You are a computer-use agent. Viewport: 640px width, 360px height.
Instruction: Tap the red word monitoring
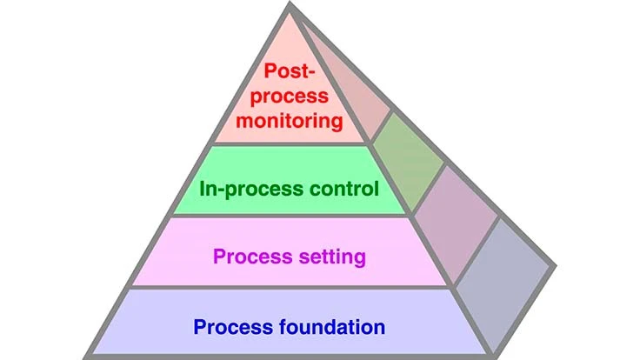[289, 120]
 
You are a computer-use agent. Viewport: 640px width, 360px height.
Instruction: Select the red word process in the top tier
[289, 96]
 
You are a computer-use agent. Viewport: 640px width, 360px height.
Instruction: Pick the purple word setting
[330, 257]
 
